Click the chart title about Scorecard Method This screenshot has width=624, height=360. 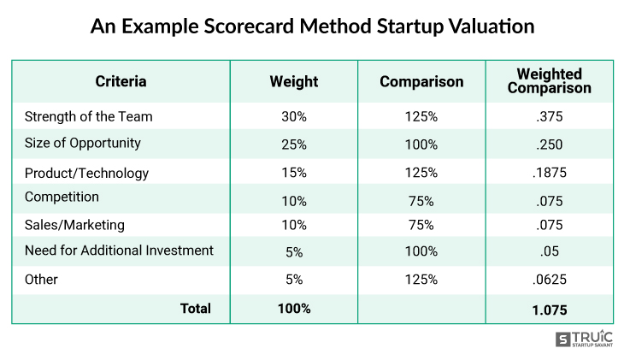coord(312,27)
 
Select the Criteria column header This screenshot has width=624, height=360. coord(121,82)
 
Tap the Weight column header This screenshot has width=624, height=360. coord(293,82)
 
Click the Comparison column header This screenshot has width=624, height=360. coord(421,82)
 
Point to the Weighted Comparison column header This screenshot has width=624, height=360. coord(549,81)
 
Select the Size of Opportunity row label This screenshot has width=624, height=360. coord(83,143)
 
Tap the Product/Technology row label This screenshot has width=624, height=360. coord(86,173)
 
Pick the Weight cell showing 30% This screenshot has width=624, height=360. coord(293,117)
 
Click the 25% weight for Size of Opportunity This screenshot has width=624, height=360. coord(293,144)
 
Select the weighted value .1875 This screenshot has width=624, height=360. coord(549,173)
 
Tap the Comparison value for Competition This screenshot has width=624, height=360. coord(421,198)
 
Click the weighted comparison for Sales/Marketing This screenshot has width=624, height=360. coord(549,226)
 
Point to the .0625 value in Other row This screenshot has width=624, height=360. coord(549,280)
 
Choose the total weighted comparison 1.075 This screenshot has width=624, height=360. coord(549,309)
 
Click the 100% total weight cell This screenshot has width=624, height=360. coord(293,309)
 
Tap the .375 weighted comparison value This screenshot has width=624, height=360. coord(549,117)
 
